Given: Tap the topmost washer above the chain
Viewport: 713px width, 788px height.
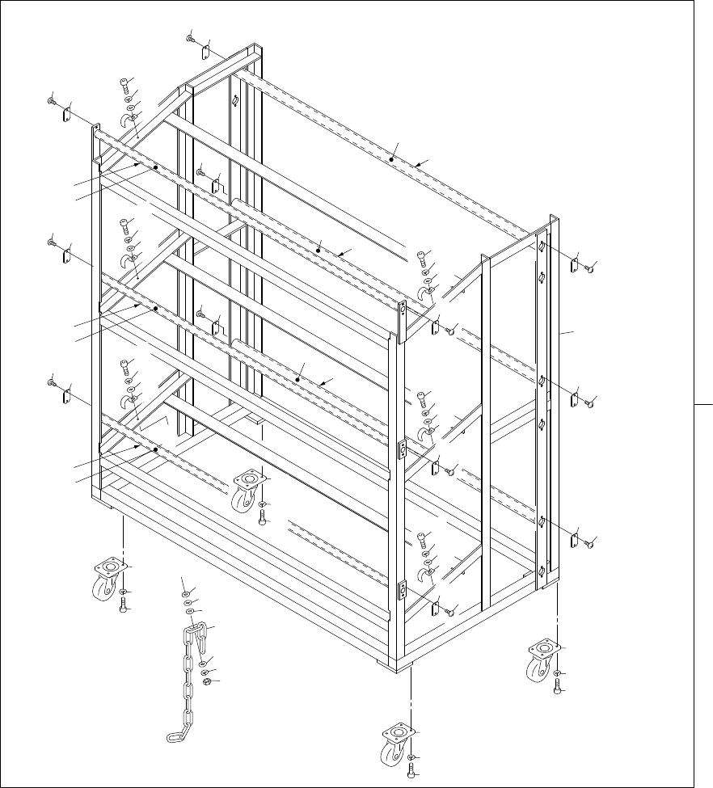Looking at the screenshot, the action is click(184, 593).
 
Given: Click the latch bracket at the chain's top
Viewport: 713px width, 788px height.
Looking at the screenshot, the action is click(196, 630).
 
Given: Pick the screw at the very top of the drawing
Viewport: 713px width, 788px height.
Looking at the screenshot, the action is click(191, 37).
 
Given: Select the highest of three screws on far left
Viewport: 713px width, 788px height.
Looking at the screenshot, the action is click(51, 103).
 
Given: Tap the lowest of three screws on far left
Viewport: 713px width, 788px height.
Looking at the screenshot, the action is click(51, 381).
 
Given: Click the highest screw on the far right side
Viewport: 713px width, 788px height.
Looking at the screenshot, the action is click(589, 266).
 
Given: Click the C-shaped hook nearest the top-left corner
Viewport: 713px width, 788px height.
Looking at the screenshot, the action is click(126, 120).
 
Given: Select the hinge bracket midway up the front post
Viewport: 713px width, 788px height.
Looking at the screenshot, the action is click(401, 449).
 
